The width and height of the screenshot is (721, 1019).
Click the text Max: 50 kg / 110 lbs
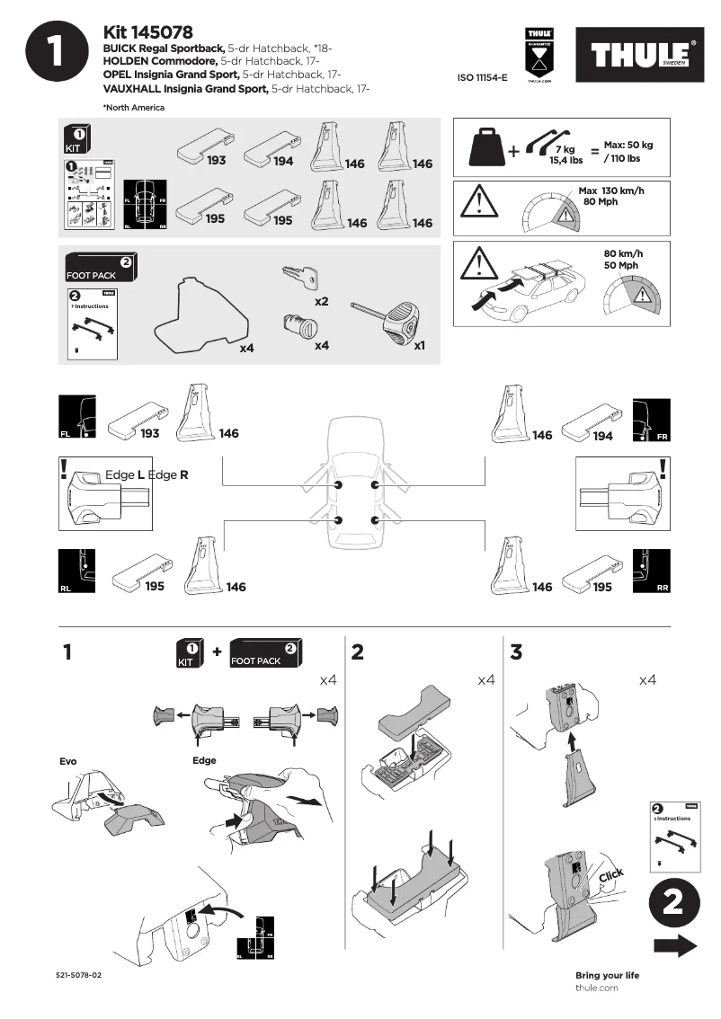click(628, 151)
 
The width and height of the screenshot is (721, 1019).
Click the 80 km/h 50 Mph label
click(622, 259)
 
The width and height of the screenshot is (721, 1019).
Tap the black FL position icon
click(75, 420)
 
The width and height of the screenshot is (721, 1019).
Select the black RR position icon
click(651, 572)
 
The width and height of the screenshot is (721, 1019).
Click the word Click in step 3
click(610, 876)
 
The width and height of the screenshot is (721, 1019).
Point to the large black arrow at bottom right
click(675, 945)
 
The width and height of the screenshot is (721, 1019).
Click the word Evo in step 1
click(67, 761)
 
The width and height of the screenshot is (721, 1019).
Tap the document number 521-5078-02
click(78, 975)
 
